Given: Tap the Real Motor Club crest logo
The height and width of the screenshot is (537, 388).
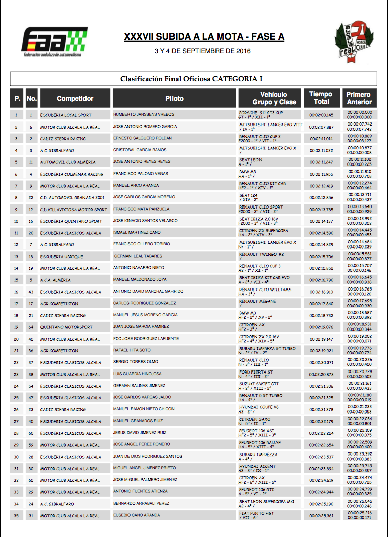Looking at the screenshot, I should tap(354, 42).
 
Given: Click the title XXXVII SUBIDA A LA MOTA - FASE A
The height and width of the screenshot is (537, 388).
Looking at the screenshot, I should tap(204, 37).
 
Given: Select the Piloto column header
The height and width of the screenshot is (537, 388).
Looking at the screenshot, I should tap(175, 98).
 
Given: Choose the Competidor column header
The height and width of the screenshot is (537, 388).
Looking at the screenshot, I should tap(75, 98).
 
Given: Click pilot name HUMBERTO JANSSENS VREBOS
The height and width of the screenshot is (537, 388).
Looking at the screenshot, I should tap(144, 115).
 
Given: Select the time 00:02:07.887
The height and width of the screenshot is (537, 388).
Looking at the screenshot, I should tap(321, 127).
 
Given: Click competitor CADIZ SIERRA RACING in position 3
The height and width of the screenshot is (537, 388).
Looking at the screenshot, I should tap(63, 139).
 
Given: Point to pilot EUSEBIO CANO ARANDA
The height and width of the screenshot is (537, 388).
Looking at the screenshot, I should tap(137, 516).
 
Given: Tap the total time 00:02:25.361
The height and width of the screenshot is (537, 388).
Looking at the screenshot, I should tap(321, 516).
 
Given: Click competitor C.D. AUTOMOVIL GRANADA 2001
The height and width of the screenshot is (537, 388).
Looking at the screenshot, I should tap(72, 197).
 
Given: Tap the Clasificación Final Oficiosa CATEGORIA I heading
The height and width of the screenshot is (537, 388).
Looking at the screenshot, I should tap(191, 79).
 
